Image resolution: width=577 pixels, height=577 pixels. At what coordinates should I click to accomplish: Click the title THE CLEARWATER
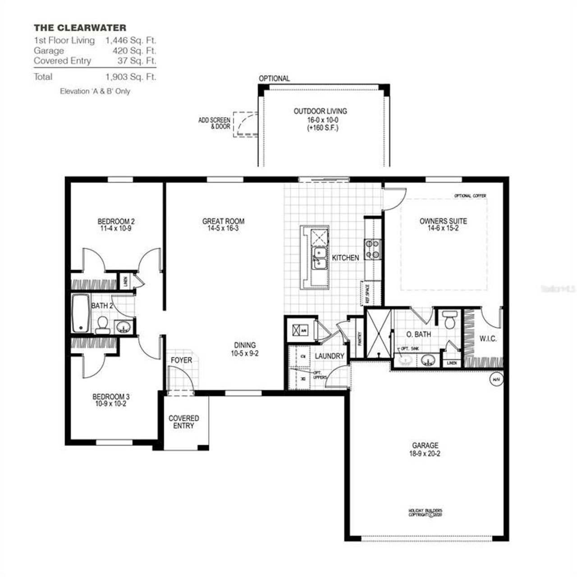pos(80,28)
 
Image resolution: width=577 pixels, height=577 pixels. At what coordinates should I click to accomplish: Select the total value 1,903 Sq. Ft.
pos(131,77)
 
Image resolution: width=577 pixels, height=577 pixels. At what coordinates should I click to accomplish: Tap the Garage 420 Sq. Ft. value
pos(134,50)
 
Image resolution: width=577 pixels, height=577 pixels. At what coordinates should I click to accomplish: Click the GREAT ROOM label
pos(223,221)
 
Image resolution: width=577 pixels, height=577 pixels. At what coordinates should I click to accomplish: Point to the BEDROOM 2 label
pos(116,221)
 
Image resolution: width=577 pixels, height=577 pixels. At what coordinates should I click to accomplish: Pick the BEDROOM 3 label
pos(111,397)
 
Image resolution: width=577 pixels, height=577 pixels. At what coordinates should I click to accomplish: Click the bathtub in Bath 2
pos(81,313)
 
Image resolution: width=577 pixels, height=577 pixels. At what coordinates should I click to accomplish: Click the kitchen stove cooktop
pos(373,249)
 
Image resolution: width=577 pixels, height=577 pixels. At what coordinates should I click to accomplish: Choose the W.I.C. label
pos(488,339)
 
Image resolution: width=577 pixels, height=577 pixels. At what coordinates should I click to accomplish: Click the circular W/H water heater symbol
pos(496,380)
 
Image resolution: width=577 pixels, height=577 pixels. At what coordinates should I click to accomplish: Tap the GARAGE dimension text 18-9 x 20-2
pos(425,453)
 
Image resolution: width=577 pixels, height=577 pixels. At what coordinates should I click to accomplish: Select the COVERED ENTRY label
pos(183,422)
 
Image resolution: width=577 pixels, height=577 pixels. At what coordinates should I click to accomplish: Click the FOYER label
pos(181,360)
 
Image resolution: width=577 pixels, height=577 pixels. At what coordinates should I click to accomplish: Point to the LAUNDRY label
pos(329,356)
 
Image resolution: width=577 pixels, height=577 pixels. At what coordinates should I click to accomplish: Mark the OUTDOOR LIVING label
pos(320,111)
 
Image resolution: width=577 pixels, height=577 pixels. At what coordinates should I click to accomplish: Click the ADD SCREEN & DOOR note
pos(214,123)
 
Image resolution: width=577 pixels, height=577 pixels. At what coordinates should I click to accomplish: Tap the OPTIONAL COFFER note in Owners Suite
pos(470,196)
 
